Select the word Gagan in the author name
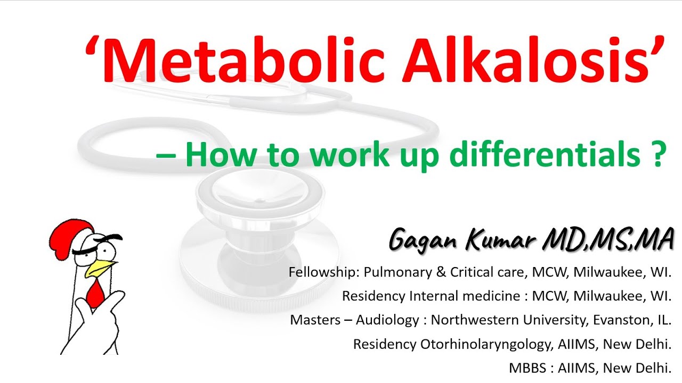point(425,240)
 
